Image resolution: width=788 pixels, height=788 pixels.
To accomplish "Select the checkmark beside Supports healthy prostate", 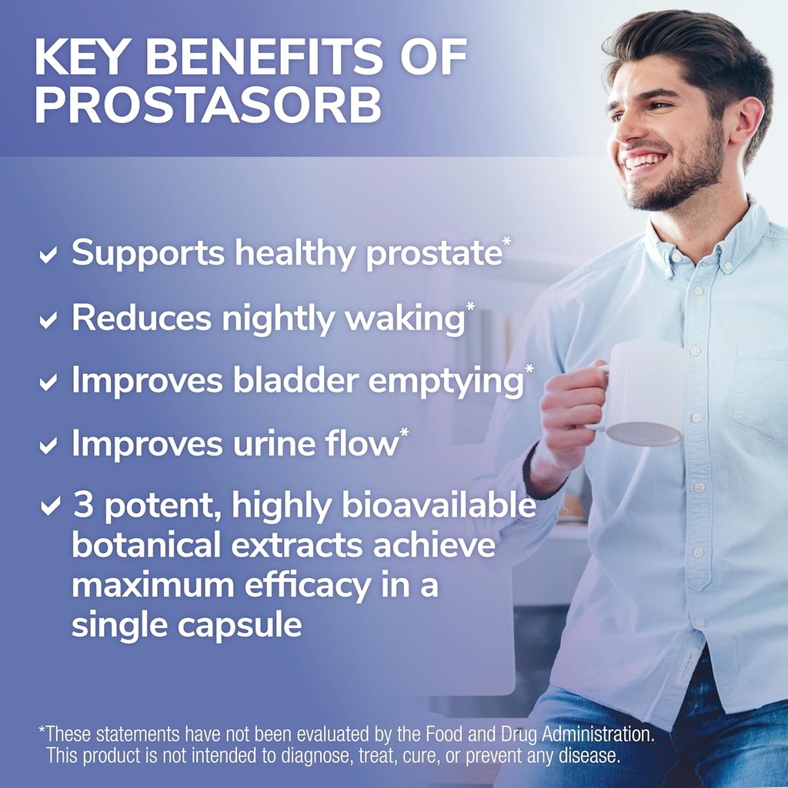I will [x=48, y=255].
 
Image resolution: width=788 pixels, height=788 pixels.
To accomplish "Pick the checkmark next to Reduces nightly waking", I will [x=48, y=320].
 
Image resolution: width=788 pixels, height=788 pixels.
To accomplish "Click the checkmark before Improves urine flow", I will [x=48, y=446].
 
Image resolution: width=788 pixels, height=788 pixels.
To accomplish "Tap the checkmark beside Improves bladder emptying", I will [x=48, y=382].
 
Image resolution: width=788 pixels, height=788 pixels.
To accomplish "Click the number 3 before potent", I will [x=82, y=506].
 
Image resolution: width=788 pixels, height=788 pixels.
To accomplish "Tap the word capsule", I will [x=239, y=625].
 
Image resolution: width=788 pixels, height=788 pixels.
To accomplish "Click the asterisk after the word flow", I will [x=404, y=436].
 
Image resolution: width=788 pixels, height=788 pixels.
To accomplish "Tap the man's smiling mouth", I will [x=645, y=162].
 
